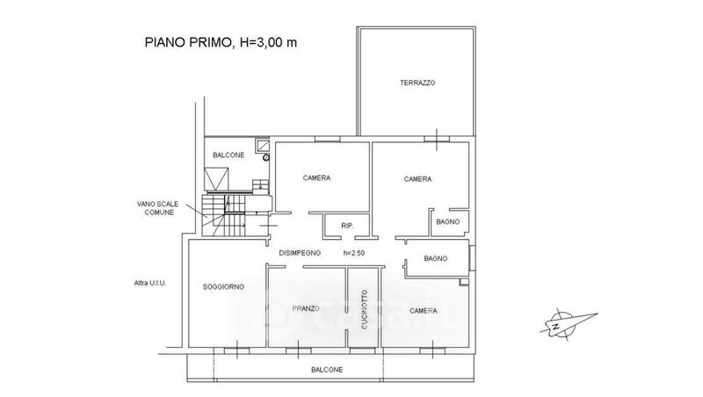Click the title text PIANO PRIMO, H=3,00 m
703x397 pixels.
(221, 42)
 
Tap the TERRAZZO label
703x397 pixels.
(417, 83)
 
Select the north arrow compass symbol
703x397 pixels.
(568, 323)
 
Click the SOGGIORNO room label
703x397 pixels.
(223, 287)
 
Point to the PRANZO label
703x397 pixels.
(306, 308)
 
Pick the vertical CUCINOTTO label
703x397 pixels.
(364, 310)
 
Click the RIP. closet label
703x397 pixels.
(347, 226)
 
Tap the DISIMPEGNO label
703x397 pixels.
(300, 253)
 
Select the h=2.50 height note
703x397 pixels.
(354, 253)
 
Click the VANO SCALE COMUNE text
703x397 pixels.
(157, 208)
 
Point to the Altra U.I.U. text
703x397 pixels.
(150, 283)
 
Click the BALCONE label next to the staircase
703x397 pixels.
(228, 155)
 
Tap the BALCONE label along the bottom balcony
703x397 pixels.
(327, 370)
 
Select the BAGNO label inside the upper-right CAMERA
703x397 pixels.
(448, 222)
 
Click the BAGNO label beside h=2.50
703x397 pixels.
(435, 258)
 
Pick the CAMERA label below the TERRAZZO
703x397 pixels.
(418, 179)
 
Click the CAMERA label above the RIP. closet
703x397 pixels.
(316, 178)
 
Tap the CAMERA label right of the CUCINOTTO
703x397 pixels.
(424, 311)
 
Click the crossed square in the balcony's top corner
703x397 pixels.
(262, 145)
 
